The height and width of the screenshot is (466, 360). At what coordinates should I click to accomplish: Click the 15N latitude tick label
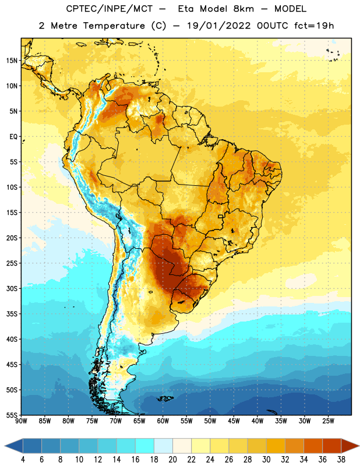pyautogui.click(x=12, y=61)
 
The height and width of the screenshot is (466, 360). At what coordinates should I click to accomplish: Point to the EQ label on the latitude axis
pyautogui.click(x=13, y=137)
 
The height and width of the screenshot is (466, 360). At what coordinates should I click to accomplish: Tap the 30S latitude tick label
pyautogui.click(x=12, y=288)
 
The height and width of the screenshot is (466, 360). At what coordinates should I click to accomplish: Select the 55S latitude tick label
pyautogui.click(x=12, y=415)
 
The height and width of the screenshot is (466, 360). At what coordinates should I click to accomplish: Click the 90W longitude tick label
pyautogui.click(x=21, y=421)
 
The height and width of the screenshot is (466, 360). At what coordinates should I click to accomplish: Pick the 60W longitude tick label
pyautogui.click(x=163, y=421)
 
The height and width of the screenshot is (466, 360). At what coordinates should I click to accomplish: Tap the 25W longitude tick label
pyautogui.click(x=328, y=421)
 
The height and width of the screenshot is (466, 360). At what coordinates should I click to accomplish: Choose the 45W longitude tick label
pyautogui.click(x=234, y=421)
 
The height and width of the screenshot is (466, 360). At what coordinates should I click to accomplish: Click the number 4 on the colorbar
pyautogui.click(x=23, y=460)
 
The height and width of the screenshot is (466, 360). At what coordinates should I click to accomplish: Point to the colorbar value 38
pyautogui.click(x=341, y=460)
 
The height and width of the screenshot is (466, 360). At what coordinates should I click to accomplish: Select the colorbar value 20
pyautogui.click(x=172, y=460)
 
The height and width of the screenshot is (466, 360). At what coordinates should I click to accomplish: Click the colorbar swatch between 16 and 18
pyautogui.click(x=145, y=446)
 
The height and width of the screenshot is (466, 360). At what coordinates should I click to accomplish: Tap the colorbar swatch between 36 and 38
pyautogui.click(x=332, y=446)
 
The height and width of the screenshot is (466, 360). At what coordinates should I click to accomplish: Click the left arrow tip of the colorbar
pyautogui.click(x=5, y=446)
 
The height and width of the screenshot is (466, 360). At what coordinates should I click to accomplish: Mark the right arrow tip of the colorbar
pyautogui.click(x=359, y=446)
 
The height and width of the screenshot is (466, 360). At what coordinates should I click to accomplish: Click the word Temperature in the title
pyautogui.click(x=114, y=26)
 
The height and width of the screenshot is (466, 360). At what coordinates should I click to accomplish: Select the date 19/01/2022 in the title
pyautogui.click(x=219, y=26)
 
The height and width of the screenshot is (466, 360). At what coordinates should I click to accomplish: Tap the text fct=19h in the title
pyautogui.click(x=314, y=26)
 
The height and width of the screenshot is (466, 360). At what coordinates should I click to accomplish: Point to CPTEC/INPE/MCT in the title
pyautogui.click(x=109, y=9)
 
